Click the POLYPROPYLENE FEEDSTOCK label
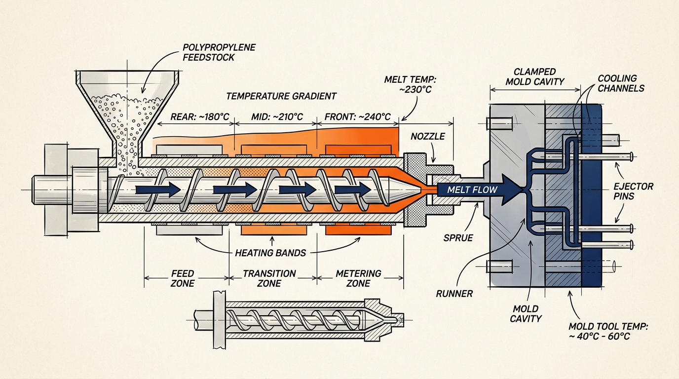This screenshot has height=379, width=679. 219,52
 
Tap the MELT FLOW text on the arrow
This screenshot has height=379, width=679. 472,190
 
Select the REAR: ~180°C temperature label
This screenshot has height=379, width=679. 200,117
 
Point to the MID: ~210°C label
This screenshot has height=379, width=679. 277,117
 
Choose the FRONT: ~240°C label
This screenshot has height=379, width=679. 358,117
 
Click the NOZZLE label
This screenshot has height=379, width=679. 428,136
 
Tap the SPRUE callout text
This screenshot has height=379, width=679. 458,238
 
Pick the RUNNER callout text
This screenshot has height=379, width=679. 454,294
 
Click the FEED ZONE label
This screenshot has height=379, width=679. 183,278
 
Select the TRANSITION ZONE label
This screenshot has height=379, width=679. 269,278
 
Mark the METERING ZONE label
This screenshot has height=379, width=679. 358,278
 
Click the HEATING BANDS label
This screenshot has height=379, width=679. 270,253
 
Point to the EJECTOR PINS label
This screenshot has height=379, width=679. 633,191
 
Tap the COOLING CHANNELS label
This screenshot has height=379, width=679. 621,83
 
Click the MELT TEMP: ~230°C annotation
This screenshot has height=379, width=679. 410,84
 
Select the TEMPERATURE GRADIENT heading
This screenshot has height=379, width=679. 281,96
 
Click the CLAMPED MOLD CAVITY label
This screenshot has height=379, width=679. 535,76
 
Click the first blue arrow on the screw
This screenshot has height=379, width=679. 158,190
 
